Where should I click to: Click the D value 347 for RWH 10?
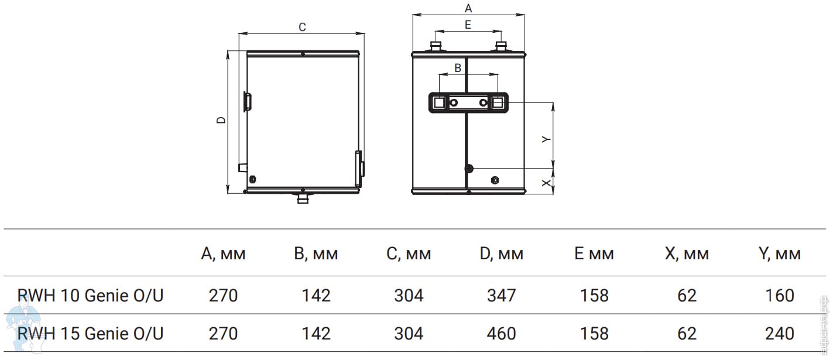tap(502, 295)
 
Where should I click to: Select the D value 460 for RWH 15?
tap(502, 333)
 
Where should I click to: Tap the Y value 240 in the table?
tap(780, 333)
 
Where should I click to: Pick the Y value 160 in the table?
tap(780, 295)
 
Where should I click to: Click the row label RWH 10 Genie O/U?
tap(91, 295)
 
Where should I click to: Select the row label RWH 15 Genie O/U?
tap(91, 333)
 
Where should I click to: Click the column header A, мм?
tap(223, 254)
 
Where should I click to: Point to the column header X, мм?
tap(687, 254)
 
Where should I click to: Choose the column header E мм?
tap(594, 254)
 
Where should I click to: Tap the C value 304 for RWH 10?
tap(409, 295)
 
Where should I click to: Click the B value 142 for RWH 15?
tap(316, 333)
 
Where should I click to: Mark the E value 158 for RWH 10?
tap(594, 295)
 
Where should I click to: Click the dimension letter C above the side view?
tap(302, 27)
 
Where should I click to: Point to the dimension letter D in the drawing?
tap(221, 120)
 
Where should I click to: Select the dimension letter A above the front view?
tap(468, 8)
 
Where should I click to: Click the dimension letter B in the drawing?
tap(458, 68)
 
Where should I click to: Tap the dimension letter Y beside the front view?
tap(546, 139)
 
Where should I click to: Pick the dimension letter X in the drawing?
tap(546, 183)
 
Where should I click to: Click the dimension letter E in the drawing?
tap(468, 25)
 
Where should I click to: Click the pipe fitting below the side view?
tap(303, 199)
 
